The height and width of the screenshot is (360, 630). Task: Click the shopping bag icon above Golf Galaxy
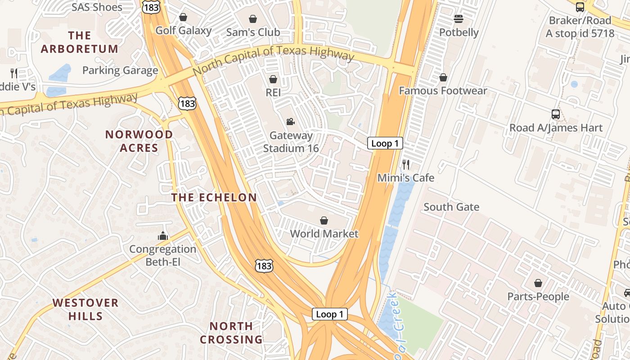coord(183,18)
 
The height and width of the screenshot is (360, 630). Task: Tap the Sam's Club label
coord(253,32)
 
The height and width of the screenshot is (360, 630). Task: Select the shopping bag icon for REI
coord(273,80)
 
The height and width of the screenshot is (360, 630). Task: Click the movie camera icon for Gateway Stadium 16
coord(290,122)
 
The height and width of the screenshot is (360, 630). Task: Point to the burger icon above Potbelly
coord(459,19)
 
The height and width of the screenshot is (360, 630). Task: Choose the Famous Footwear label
coord(443,91)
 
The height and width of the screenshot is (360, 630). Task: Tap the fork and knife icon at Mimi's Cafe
coord(406,164)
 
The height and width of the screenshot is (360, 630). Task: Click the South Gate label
coord(451,207)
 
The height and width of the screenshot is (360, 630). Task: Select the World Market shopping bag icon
coord(324,220)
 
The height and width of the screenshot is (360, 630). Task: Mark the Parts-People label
coord(538,297)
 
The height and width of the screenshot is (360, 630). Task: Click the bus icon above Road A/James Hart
coord(556,114)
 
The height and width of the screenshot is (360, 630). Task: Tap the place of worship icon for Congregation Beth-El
coord(162,236)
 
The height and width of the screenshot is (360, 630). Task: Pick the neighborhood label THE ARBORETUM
coord(80,42)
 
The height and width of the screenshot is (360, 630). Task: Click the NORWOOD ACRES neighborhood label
coord(139,141)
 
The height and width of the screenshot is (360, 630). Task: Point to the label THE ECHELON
coord(214,198)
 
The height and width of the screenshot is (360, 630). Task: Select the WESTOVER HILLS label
coord(85,309)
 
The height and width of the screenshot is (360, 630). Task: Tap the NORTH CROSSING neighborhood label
coord(231,333)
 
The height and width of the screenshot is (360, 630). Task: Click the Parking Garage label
coord(120,70)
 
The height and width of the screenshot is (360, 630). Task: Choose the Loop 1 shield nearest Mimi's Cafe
coord(385,144)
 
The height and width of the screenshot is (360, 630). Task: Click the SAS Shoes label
coord(97,7)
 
